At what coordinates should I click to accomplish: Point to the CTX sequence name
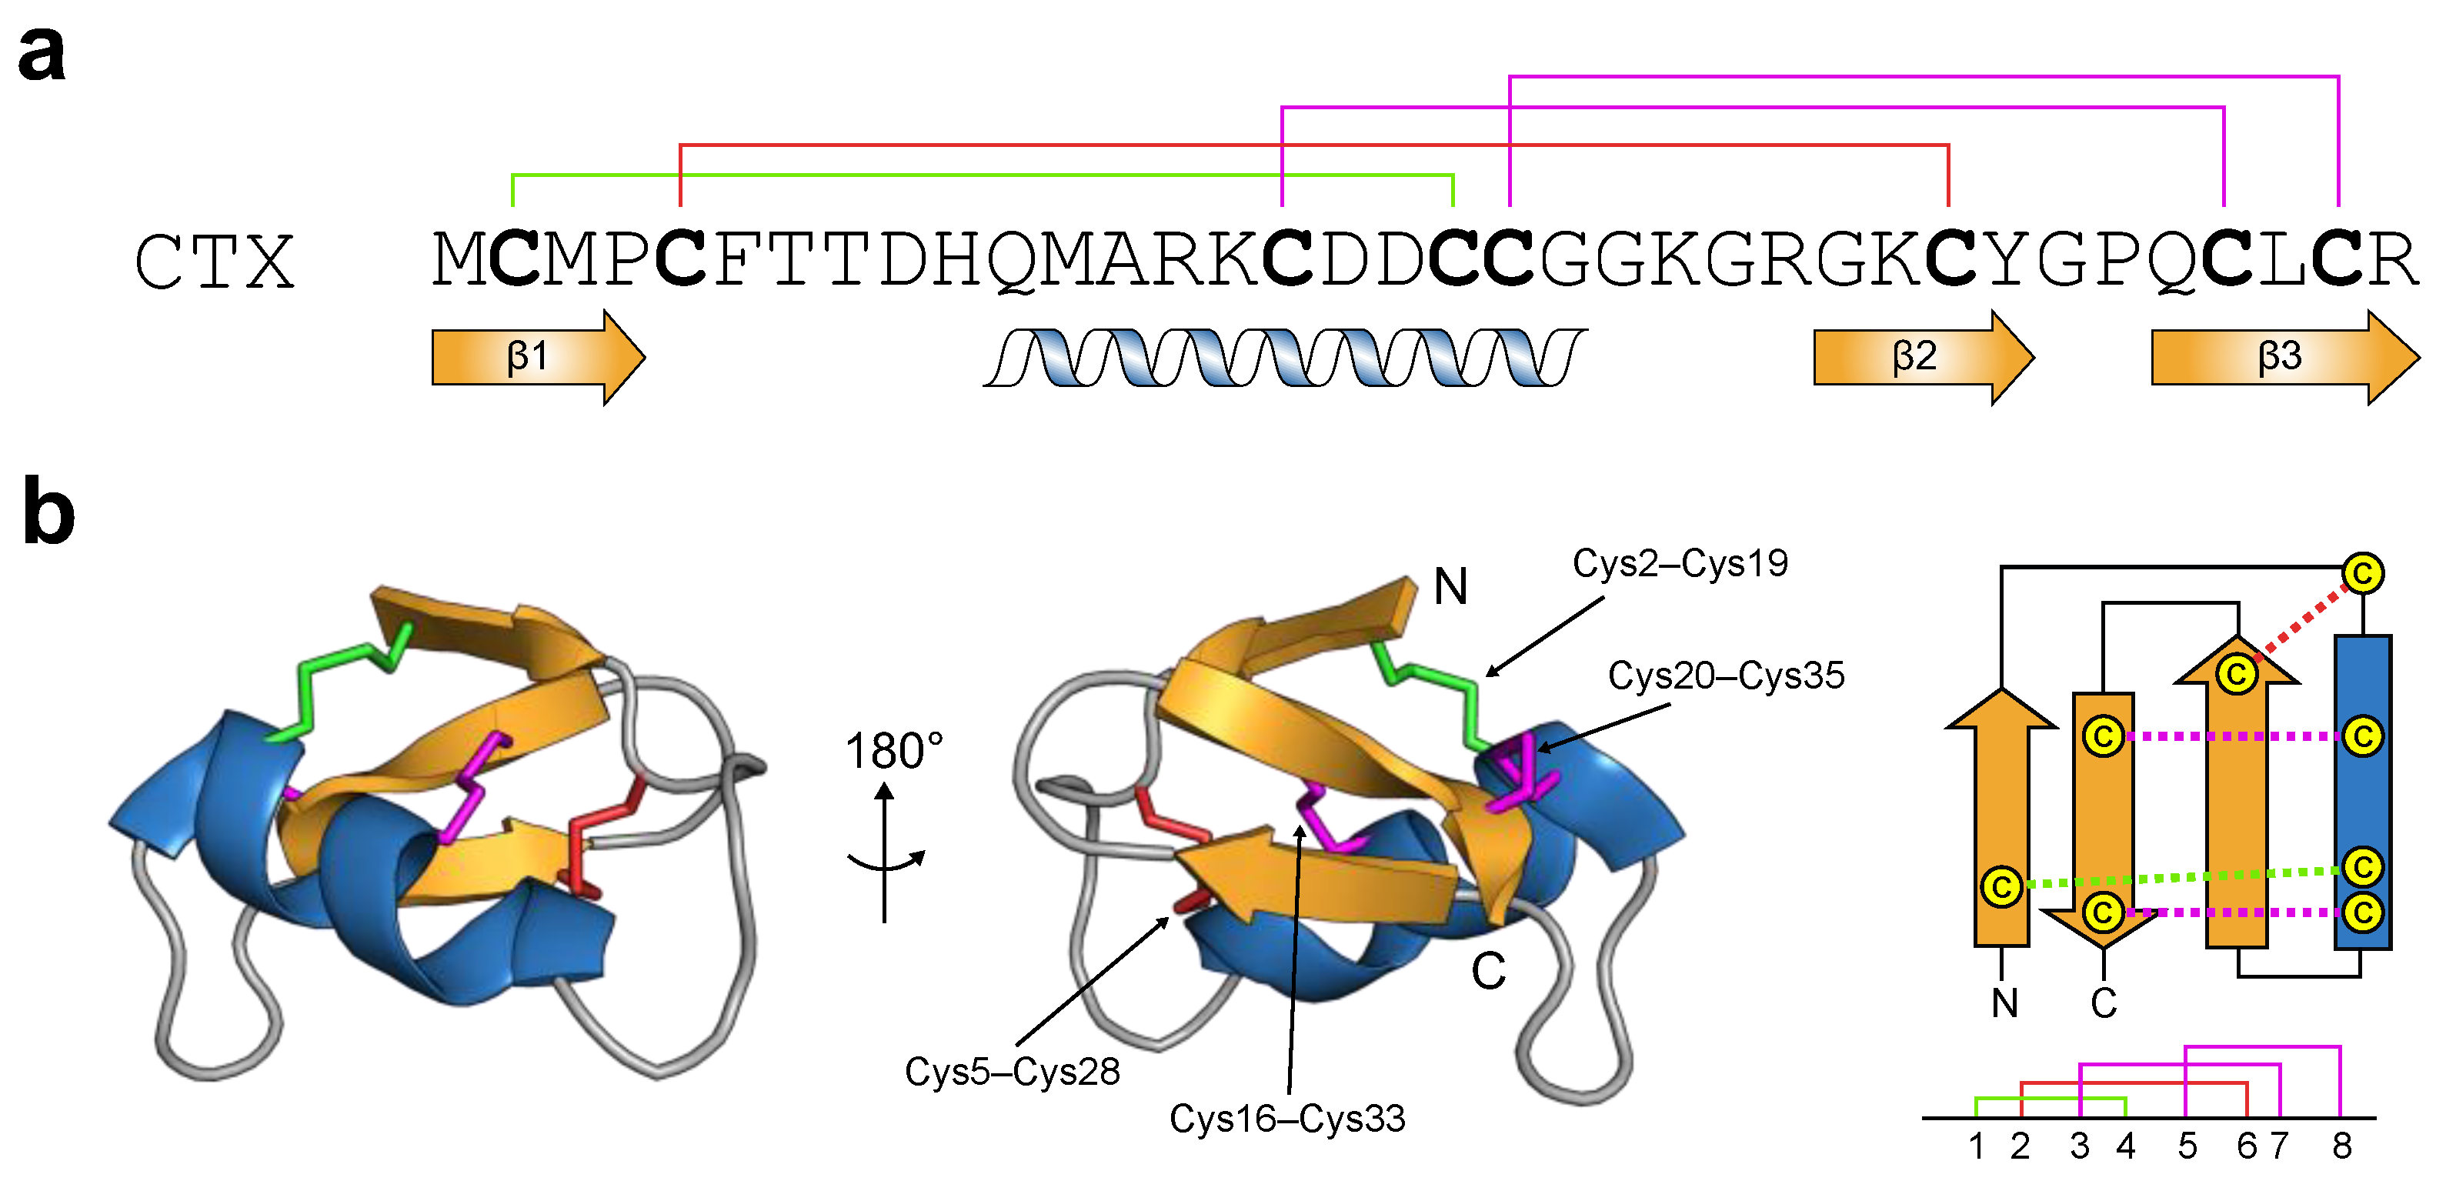(215, 262)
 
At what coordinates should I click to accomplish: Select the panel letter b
(48, 512)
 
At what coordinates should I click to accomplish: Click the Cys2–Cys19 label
(1680, 563)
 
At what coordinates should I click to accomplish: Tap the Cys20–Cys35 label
(1725, 676)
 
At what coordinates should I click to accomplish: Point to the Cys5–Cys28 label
(1013, 1072)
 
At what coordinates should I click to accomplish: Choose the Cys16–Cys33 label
(1286, 1119)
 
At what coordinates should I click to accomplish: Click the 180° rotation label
(893, 751)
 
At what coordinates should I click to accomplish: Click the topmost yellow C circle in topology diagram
(2362, 573)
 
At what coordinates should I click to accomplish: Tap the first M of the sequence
(459, 259)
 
